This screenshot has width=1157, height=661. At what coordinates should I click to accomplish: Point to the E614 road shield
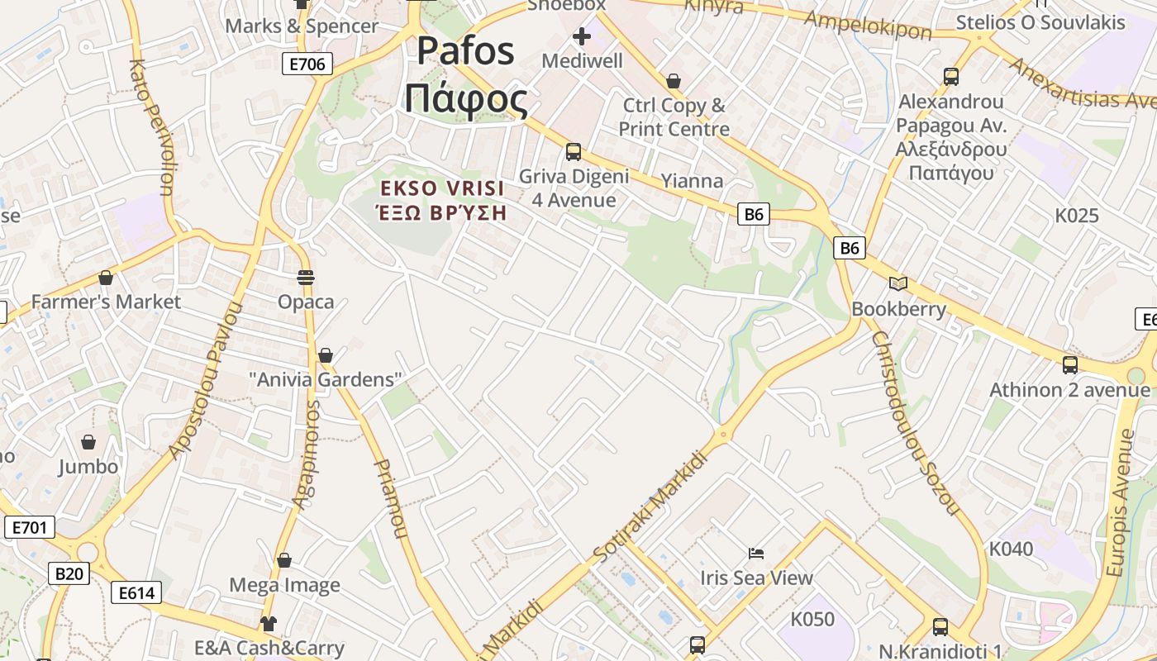(136, 592)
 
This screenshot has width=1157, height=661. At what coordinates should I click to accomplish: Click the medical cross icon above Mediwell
(582, 36)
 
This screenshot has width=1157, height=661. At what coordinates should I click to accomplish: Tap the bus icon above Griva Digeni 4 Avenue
(573, 152)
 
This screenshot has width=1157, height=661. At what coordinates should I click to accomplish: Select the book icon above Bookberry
(898, 284)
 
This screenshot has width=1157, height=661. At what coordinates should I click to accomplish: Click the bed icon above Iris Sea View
(756, 553)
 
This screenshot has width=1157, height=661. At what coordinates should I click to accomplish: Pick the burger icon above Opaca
(306, 277)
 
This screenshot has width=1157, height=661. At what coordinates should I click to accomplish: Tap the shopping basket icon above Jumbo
(88, 442)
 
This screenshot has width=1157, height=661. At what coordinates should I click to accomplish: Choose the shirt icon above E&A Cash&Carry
(269, 623)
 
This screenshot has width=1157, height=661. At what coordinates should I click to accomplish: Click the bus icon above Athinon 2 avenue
(1069, 364)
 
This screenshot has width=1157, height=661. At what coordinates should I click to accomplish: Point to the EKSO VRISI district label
(442, 200)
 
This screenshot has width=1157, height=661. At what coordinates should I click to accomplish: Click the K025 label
(1077, 216)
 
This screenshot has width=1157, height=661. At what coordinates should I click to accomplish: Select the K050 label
(812, 619)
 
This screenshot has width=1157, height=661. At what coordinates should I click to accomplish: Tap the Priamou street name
(391, 499)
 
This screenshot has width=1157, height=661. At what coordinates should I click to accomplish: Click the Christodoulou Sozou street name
(914, 422)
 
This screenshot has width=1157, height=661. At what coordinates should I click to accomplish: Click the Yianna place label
(692, 181)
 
